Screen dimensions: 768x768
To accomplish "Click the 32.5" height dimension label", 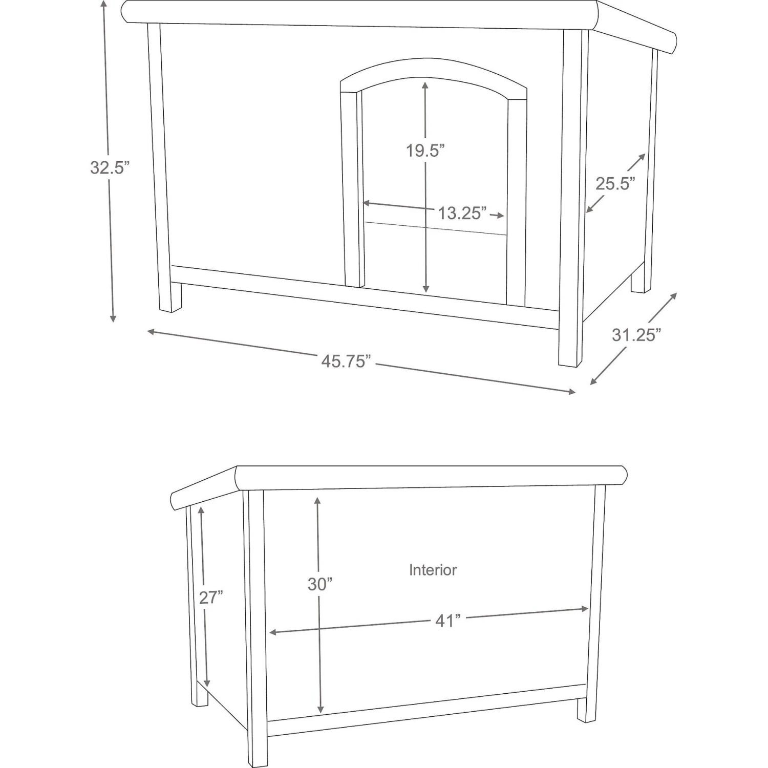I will [107, 167].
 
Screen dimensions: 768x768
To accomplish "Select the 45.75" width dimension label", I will [346, 361].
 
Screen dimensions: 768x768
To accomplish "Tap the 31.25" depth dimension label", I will [636, 335].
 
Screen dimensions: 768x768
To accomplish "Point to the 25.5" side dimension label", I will [615, 183].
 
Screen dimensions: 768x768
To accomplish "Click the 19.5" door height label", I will [425, 151].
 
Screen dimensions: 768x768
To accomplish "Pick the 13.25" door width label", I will [462, 213].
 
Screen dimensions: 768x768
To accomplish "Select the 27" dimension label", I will [211, 598].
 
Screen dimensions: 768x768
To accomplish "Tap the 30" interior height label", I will [320, 584].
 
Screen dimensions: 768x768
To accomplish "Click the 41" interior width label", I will [448, 621].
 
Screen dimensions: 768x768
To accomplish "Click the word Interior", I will [433, 570].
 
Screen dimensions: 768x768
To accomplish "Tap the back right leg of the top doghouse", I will [641, 281].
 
